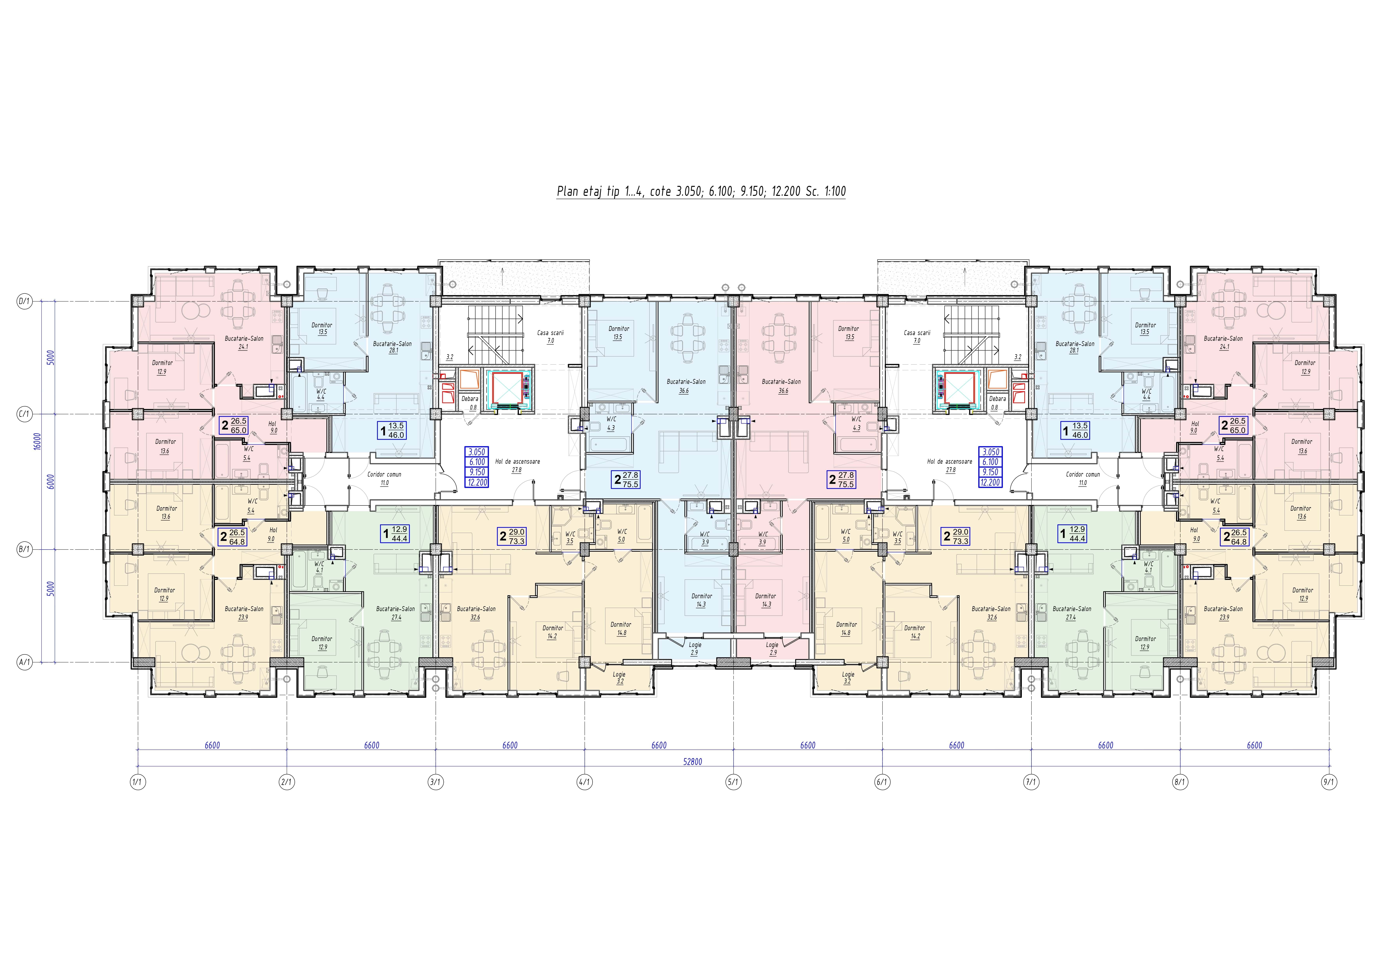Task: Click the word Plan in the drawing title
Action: [x=567, y=192]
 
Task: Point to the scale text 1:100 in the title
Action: [x=833, y=192]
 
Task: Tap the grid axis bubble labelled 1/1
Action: [x=138, y=782]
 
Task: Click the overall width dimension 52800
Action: [x=692, y=761]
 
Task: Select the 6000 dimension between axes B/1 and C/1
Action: [x=51, y=482]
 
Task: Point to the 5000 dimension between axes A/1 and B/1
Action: [x=51, y=588]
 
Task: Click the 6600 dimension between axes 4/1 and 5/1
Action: [x=659, y=745]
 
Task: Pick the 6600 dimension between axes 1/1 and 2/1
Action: [x=212, y=745]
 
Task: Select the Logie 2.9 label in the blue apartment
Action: [x=695, y=649]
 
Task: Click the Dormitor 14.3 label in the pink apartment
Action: [x=766, y=600]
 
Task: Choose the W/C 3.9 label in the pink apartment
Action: [x=762, y=538]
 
